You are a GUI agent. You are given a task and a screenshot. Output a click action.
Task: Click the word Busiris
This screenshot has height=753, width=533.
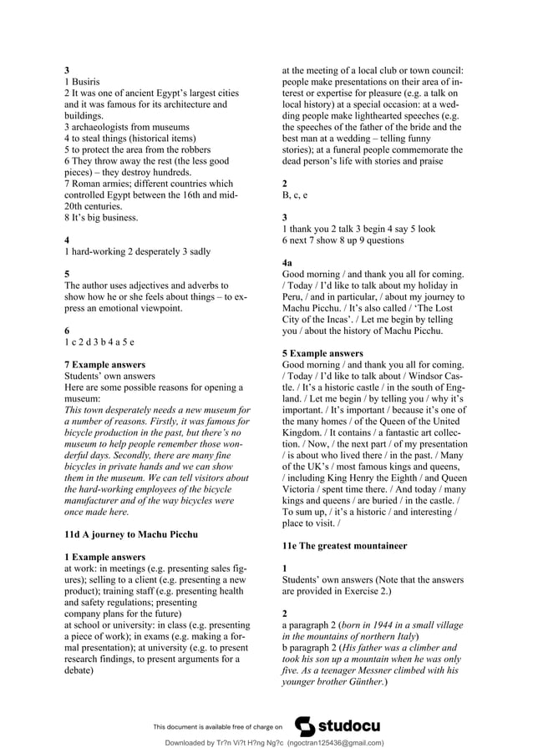[x=87, y=82]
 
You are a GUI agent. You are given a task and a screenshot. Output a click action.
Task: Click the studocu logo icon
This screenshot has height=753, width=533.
[x=306, y=725]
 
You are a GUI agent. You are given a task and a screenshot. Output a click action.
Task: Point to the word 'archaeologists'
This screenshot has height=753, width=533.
[x=99, y=127]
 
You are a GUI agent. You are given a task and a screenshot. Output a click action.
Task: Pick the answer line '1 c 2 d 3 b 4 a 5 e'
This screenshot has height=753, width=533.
[x=99, y=341]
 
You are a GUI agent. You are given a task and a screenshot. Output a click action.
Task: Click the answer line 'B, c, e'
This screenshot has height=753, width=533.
[x=295, y=195]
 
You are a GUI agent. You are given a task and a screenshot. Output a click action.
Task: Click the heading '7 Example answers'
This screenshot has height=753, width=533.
[x=104, y=365]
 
